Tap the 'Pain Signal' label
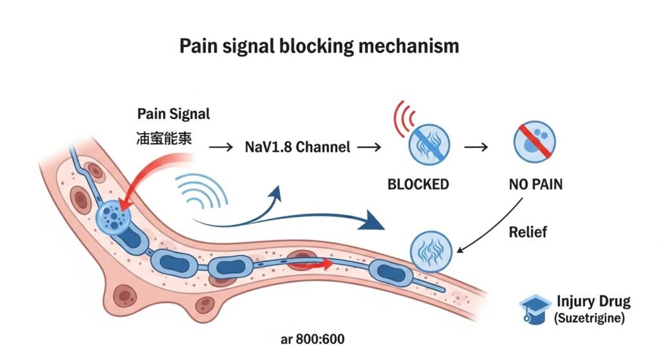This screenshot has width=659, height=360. (x=174, y=114)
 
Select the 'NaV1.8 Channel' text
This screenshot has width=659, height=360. (x=298, y=147)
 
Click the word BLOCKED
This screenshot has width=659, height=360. (x=418, y=184)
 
